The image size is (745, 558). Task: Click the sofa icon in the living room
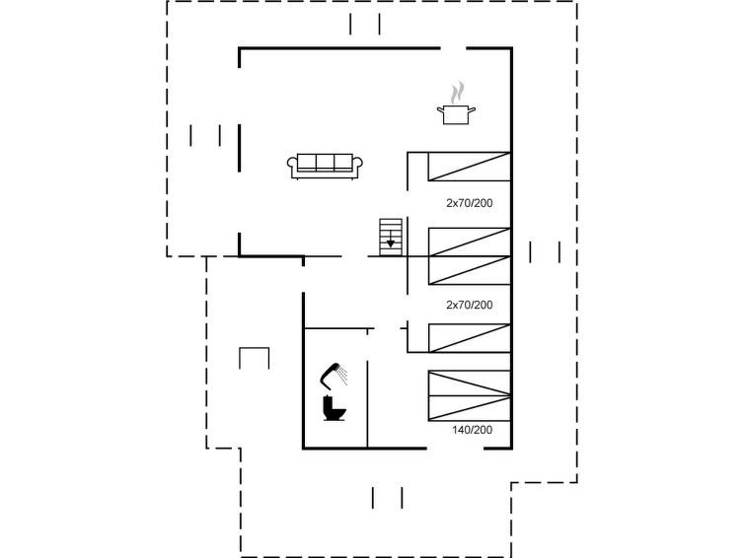325,167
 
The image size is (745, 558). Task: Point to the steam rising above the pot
457,93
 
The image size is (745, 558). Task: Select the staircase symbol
391,237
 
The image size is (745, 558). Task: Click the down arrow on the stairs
391,241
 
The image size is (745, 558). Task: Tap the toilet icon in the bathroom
335,408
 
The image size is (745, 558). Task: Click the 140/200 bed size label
472,430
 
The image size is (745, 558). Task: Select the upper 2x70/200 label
470,203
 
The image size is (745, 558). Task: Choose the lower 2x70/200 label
470,305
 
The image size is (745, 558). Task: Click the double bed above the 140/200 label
470,395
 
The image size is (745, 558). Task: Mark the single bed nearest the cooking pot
470,167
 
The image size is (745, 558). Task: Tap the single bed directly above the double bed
470,338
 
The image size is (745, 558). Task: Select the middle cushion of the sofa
325,163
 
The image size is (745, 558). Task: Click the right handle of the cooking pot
472,110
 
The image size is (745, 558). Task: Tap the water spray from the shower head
342,377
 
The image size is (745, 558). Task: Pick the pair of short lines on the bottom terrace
387,498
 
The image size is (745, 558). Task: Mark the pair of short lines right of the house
545,251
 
